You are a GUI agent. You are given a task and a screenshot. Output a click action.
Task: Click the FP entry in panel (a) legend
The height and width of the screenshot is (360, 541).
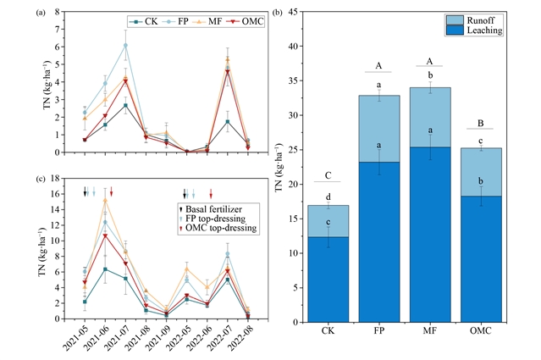click(x=175, y=22)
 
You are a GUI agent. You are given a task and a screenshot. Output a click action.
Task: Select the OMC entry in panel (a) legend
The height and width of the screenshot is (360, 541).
click(x=246, y=22)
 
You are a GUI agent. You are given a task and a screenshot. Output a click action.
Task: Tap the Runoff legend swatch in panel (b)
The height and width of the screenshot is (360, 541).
click(x=455, y=20)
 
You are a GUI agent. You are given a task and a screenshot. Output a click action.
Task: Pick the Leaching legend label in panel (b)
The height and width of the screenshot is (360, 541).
click(x=484, y=30)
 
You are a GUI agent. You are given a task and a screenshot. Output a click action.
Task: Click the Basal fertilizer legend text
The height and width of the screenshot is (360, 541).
click(x=213, y=209)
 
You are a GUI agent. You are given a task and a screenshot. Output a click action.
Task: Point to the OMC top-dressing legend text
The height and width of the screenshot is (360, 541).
click(x=221, y=228)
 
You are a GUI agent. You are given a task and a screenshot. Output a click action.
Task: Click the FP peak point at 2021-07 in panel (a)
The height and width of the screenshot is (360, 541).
click(x=125, y=45)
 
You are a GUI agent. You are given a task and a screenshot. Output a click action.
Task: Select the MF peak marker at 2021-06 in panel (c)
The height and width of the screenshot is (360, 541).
click(x=105, y=200)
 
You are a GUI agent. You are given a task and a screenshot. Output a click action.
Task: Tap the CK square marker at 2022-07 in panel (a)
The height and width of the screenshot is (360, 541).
click(x=228, y=121)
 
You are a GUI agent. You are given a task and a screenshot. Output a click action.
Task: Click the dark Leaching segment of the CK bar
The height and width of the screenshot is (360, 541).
click(x=328, y=280)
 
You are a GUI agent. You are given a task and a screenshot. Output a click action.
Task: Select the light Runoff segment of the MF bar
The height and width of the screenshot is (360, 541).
click(x=430, y=118)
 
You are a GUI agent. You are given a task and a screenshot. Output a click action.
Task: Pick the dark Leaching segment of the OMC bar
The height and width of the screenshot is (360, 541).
click(x=481, y=259)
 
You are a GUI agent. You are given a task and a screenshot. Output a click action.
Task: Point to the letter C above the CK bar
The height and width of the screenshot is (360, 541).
click(x=328, y=175)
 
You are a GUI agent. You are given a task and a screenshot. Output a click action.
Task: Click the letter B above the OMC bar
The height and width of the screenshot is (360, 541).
click(x=481, y=123)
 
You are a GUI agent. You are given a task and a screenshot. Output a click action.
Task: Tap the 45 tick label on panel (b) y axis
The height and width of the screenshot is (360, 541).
click(x=293, y=12)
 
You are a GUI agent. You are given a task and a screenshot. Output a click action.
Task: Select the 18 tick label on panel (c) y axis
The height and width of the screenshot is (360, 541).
click(x=55, y=179)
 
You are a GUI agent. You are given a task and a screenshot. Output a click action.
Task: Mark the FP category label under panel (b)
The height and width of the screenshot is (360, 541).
click(x=378, y=330)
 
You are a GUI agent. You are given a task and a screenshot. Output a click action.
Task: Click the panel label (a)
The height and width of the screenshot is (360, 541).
click(x=41, y=13)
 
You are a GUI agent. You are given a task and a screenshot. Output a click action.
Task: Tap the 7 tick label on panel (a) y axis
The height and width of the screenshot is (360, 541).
click(x=58, y=30)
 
